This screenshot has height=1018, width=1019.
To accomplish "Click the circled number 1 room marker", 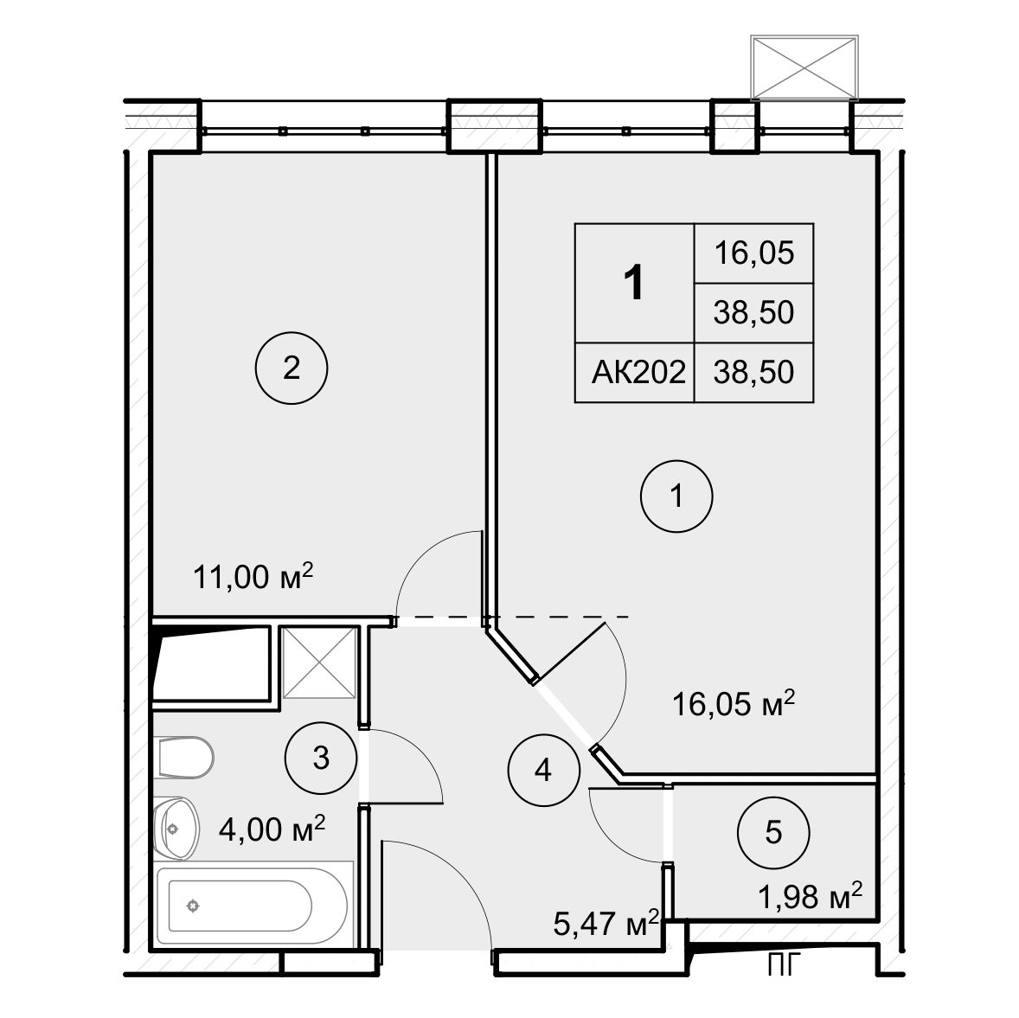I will [676, 497].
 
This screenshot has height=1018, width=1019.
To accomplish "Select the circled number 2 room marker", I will [292, 369].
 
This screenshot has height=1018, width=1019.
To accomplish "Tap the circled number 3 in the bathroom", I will [320, 759].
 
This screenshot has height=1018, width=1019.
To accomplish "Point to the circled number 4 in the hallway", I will [542, 769].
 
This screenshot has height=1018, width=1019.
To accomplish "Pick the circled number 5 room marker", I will [773, 833].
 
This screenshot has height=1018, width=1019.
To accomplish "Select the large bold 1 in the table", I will [634, 283].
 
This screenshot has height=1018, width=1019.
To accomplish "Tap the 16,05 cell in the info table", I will [753, 253].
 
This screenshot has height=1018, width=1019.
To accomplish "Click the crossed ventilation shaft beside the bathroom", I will [319, 662].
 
